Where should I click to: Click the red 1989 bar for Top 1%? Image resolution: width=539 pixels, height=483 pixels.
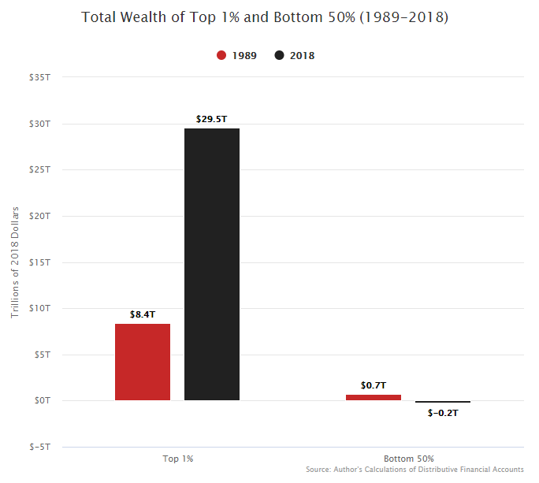[x=143, y=362]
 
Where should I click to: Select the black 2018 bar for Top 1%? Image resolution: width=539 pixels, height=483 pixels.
[x=212, y=264]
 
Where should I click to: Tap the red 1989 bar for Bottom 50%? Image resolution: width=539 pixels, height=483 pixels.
[x=374, y=397]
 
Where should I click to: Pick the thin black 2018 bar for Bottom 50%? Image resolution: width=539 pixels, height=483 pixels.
[x=443, y=402]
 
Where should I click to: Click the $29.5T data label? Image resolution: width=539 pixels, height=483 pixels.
[x=211, y=119]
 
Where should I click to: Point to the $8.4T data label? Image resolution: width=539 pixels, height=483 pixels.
[x=143, y=314]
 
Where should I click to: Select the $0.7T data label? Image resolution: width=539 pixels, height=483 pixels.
[x=374, y=385]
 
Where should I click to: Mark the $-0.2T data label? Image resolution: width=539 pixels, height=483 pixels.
[x=443, y=413]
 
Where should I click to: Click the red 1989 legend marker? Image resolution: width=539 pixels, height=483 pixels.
[x=221, y=56]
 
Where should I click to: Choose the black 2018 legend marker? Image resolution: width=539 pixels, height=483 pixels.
[x=280, y=56]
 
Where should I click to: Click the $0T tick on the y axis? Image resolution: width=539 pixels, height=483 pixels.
[x=41, y=400]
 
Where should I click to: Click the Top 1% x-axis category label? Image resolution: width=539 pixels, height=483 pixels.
[x=177, y=459]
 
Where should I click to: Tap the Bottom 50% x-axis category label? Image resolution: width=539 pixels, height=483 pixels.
[x=408, y=459]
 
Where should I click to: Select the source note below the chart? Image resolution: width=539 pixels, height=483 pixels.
[x=414, y=470]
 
